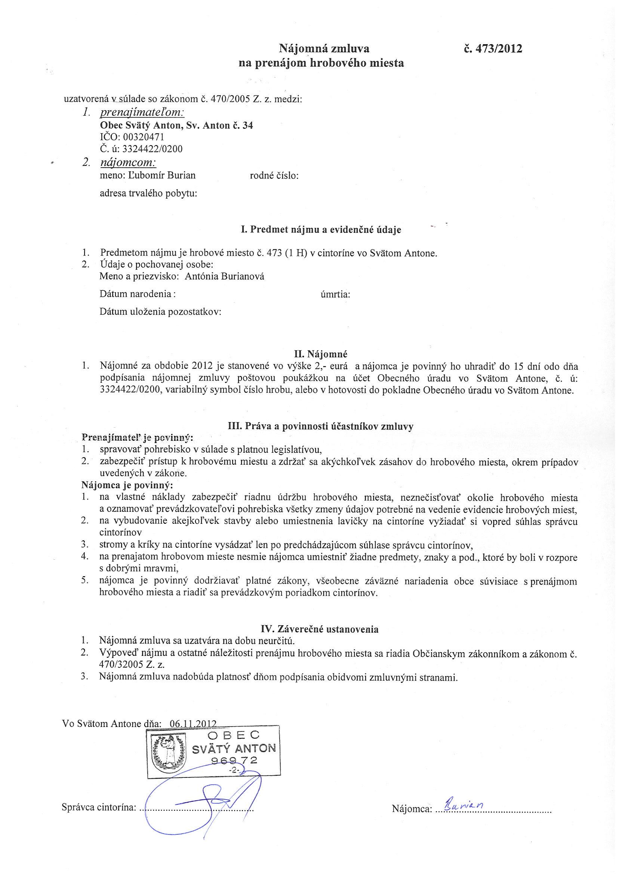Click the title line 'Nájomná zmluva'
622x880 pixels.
(324, 49)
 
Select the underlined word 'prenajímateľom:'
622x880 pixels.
(142, 113)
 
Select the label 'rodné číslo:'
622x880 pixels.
(274, 175)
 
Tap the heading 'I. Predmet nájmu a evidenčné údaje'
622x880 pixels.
(321, 230)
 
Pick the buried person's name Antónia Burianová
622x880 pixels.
(224, 276)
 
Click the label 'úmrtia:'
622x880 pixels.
(336, 294)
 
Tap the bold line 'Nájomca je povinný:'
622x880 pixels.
(127, 485)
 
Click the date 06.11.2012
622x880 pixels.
(193, 724)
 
